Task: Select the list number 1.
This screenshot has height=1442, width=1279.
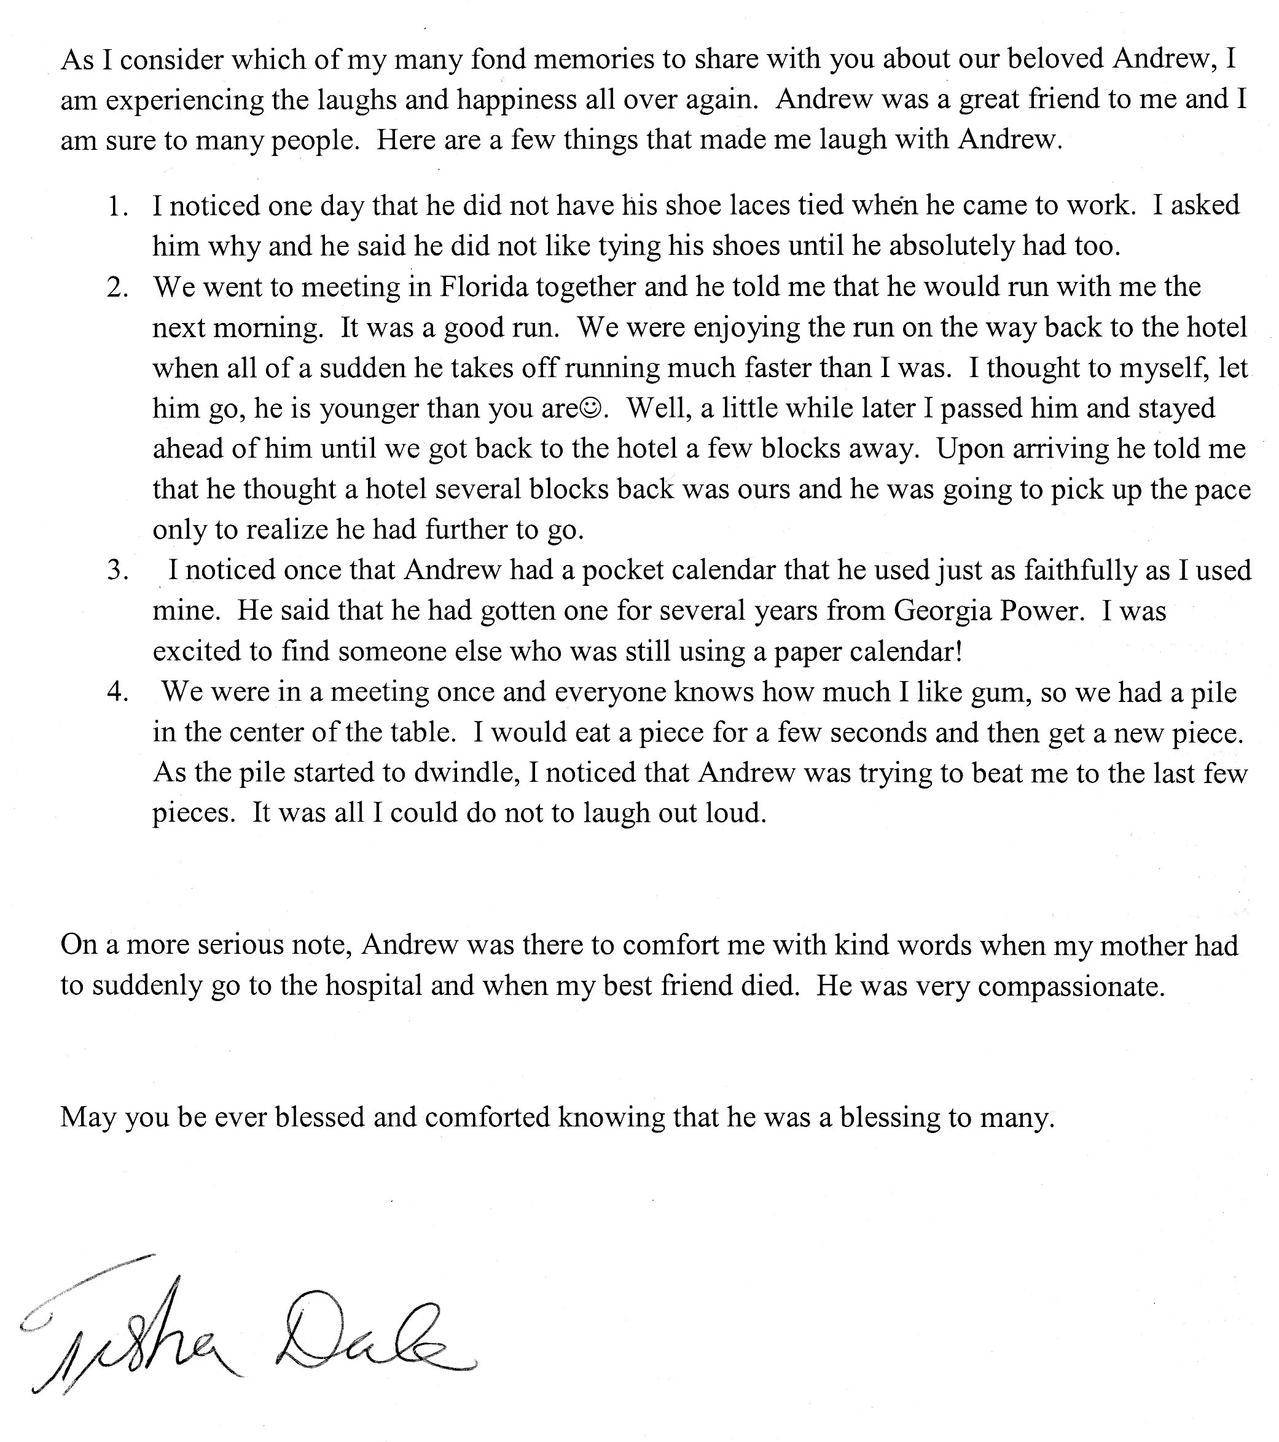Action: pos(117,206)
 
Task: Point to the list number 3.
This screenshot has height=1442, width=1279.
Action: pos(117,571)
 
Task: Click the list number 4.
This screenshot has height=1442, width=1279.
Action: pos(117,692)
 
